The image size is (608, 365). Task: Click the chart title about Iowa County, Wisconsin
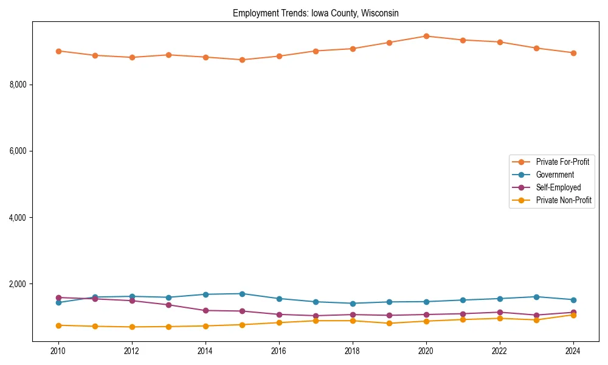point(316,13)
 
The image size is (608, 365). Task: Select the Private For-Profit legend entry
point(562,162)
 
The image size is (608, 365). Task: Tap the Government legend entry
point(554,175)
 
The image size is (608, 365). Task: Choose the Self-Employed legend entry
point(558,187)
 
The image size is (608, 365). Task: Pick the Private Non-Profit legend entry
point(564,200)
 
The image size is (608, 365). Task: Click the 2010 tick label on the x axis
point(58,351)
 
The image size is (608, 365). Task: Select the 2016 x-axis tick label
point(279,351)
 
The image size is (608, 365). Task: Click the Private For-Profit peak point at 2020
point(426,36)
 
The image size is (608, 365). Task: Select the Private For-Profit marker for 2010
point(58,51)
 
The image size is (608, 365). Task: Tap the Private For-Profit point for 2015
point(242,60)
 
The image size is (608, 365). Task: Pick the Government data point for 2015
point(242,294)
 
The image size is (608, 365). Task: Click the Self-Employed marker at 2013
point(168,305)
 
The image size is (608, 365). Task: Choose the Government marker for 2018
point(353,304)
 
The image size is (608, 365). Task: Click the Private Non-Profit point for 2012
point(132,327)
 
